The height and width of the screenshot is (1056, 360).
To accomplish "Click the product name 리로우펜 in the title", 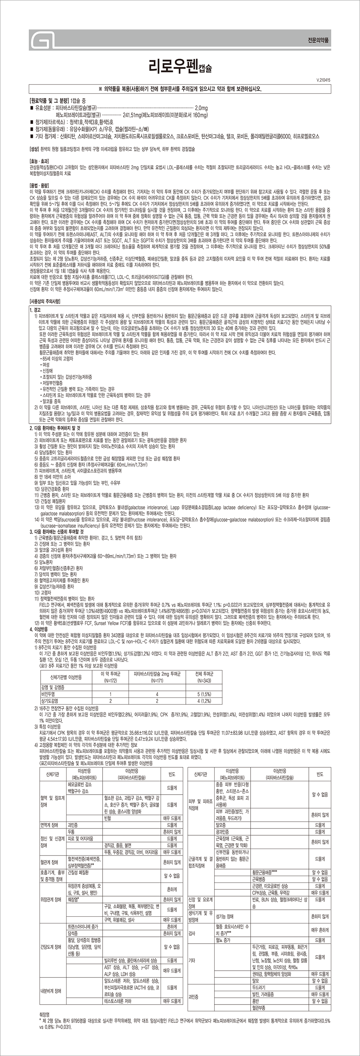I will (168, 66).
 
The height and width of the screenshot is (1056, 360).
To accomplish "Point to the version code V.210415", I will (324, 80).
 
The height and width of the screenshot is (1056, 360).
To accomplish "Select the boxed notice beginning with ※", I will (180, 89).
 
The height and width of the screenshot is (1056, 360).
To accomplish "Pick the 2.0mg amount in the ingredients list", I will (201, 108).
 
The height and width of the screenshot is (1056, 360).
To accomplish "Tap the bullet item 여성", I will (45, 365).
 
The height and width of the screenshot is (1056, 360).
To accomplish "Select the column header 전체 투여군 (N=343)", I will (204, 677).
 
